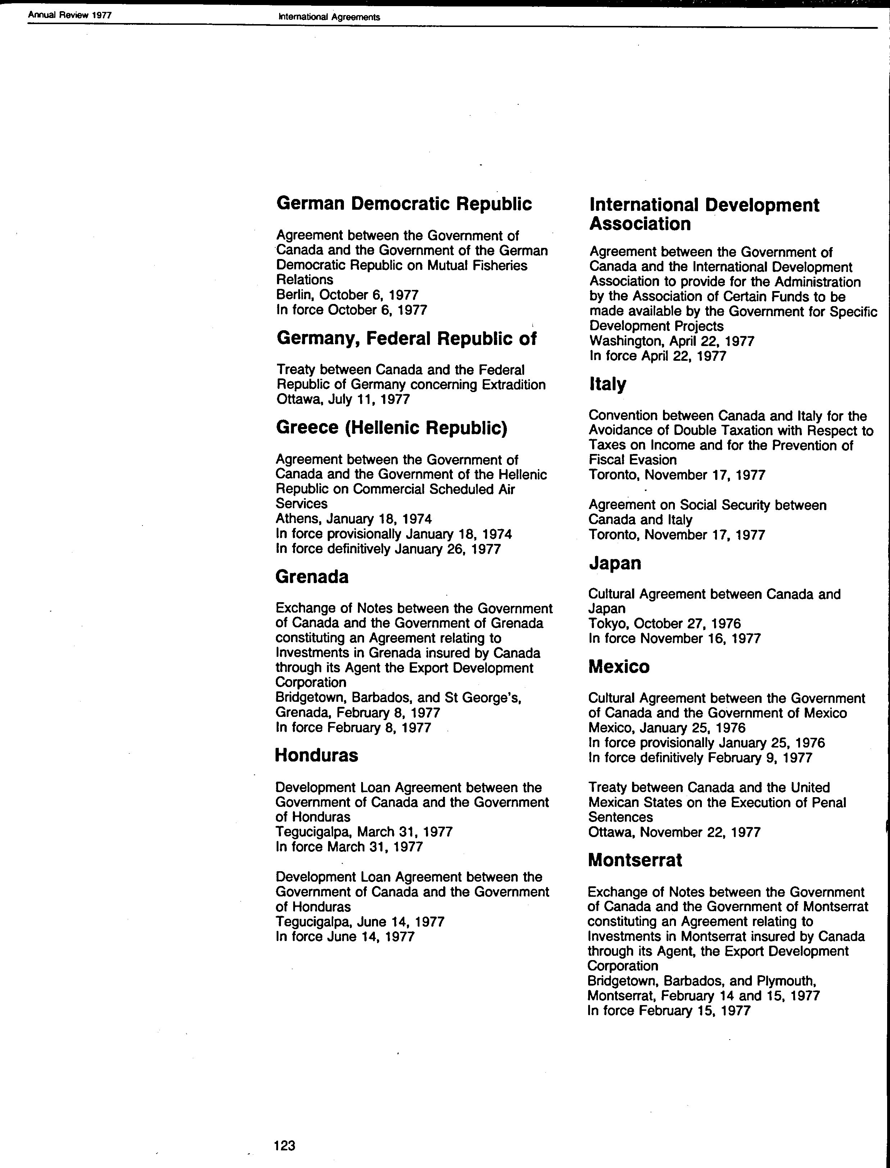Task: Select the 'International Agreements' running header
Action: (329, 17)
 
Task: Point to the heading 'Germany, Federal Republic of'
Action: (406, 338)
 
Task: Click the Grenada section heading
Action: (312, 577)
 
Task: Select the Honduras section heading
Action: (316, 755)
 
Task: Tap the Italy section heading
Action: (607, 384)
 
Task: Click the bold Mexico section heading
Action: (619, 667)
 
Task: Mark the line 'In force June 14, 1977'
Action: (345, 936)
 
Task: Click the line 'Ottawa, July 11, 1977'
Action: (343, 399)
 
